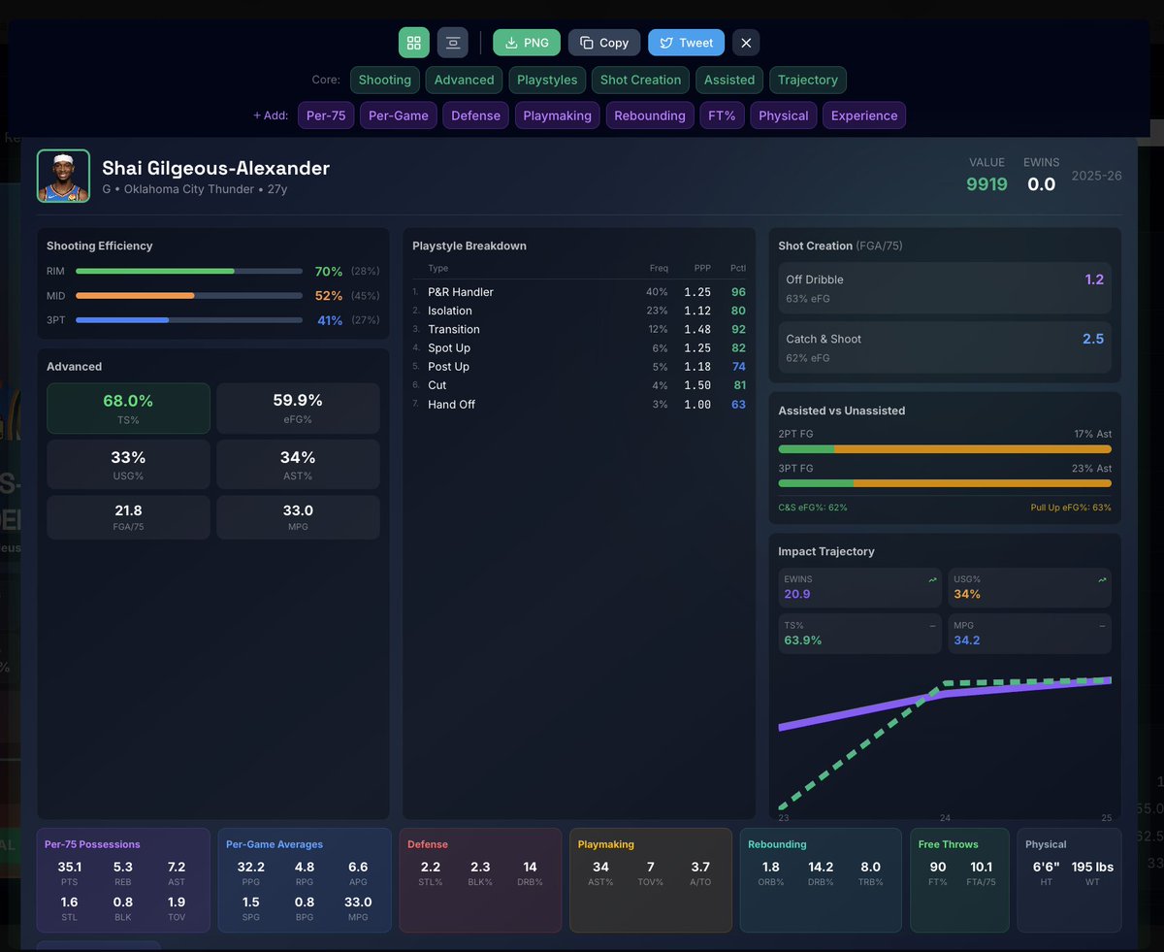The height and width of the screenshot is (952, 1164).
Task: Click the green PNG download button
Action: click(x=527, y=43)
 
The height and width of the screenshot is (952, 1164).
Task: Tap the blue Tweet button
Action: click(x=686, y=43)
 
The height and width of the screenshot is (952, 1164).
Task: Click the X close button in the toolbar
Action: click(x=745, y=43)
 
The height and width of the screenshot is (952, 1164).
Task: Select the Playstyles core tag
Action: click(x=547, y=80)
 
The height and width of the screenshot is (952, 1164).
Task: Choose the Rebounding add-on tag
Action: click(x=649, y=115)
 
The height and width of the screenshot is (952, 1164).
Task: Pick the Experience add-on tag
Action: click(x=863, y=115)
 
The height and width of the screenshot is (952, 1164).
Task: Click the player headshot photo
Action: click(x=63, y=176)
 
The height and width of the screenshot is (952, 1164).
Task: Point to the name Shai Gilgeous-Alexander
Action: click(x=215, y=168)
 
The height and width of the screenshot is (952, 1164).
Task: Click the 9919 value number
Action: click(x=986, y=184)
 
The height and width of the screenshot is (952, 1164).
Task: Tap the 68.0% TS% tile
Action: click(x=128, y=408)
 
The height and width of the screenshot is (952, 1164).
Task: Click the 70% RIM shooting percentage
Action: click(x=329, y=272)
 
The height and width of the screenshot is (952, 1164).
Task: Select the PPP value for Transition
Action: click(x=696, y=330)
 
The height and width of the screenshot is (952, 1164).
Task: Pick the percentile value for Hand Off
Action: click(x=738, y=405)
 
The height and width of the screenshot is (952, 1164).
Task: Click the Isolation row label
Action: click(x=450, y=311)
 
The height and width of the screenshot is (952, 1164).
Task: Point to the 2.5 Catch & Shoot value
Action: click(x=1092, y=339)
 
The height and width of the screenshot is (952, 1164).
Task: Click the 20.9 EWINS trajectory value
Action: click(x=797, y=594)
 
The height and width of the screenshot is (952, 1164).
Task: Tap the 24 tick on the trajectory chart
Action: click(x=944, y=817)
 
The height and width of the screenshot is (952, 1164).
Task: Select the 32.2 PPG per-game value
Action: click(x=250, y=867)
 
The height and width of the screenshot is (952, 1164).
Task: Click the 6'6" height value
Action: click(x=1044, y=867)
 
